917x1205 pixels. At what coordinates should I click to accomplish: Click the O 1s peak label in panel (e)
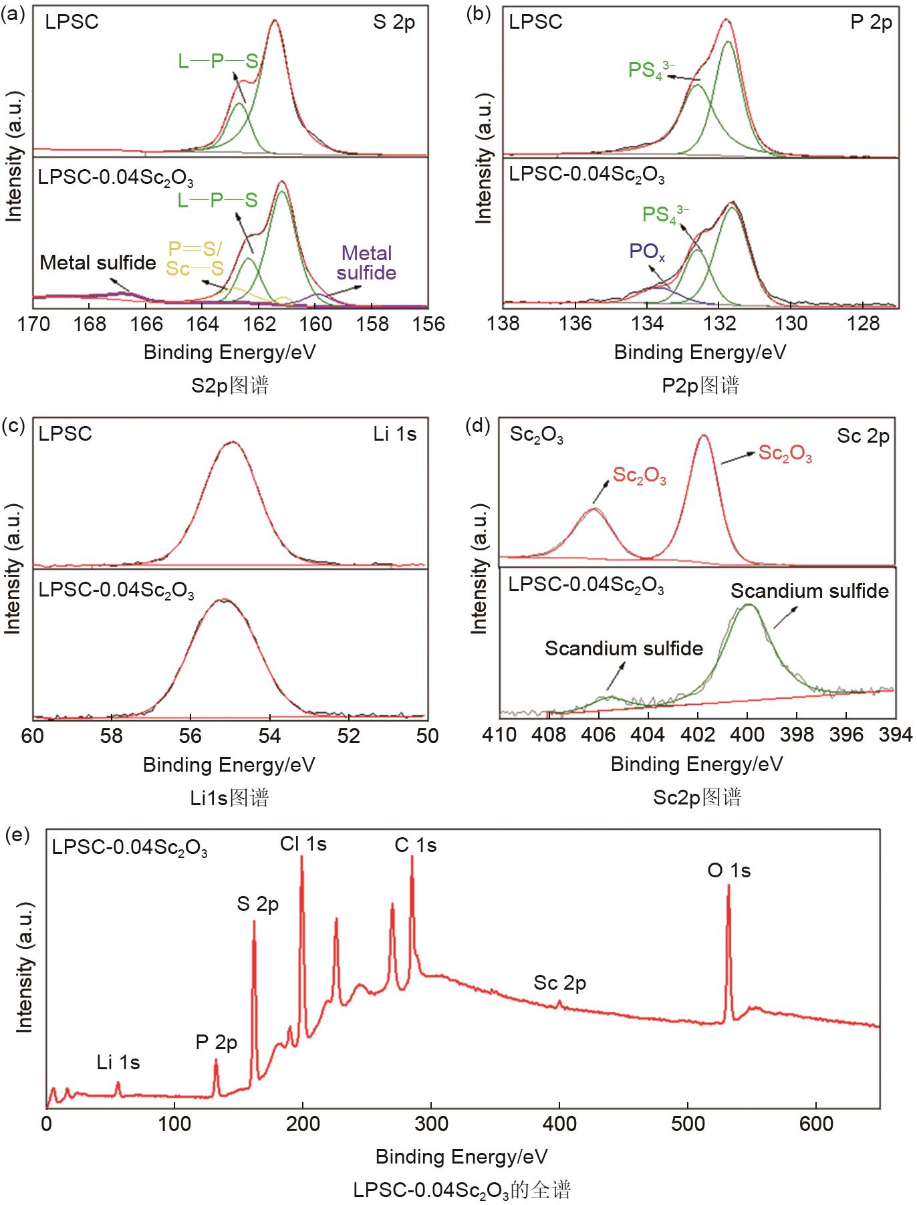[729, 871]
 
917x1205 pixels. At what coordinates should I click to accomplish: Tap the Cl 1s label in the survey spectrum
[303, 844]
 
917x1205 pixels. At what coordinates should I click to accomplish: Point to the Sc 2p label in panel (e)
[559, 983]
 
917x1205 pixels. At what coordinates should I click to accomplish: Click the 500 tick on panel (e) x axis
[687, 1123]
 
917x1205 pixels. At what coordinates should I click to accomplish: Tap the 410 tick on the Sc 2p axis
[499, 735]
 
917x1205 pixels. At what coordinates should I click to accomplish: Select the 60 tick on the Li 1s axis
[33, 736]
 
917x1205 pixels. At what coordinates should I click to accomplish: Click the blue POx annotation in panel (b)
[647, 252]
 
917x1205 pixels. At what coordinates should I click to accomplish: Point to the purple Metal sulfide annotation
[366, 263]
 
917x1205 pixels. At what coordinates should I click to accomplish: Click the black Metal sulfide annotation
[98, 263]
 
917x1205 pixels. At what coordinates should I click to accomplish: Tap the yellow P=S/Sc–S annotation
[194, 259]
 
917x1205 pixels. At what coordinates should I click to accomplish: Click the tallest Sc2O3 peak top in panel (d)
[703, 436]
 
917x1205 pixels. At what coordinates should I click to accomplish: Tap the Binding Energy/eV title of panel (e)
[461, 1156]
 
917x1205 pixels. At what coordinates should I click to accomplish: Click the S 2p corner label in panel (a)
[394, 23]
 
